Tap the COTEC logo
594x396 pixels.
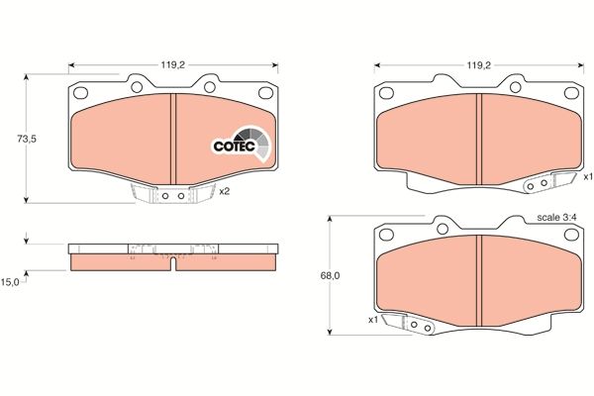(239, 146)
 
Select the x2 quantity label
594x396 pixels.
(224, 191)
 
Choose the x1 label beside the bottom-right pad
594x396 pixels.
(373, 320)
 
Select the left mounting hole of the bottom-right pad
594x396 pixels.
(383, 235)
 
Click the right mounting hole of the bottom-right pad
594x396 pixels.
(572, 235)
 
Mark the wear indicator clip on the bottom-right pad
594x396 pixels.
(414, 324)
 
